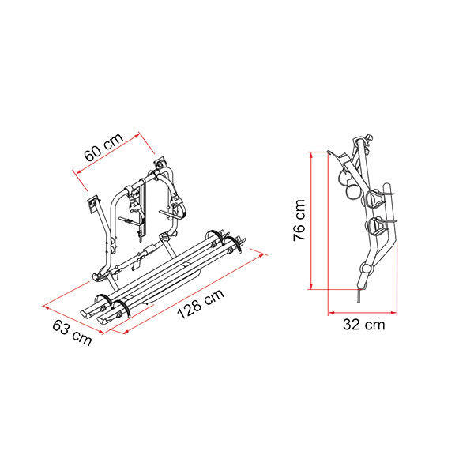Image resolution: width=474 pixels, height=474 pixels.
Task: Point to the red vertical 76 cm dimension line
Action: [314, 221]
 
